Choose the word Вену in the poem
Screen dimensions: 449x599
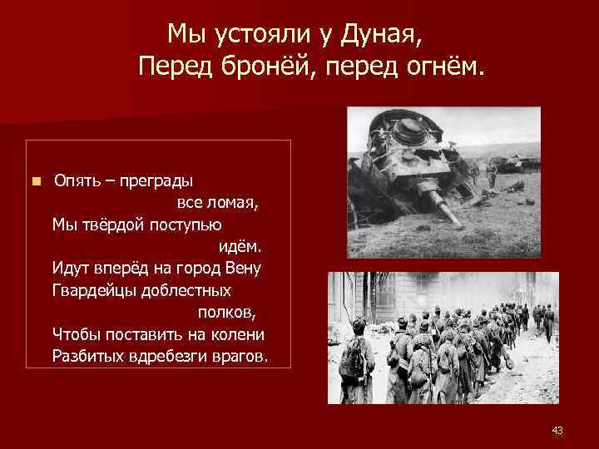point(245,268)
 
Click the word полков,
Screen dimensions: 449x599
point(227,312)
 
